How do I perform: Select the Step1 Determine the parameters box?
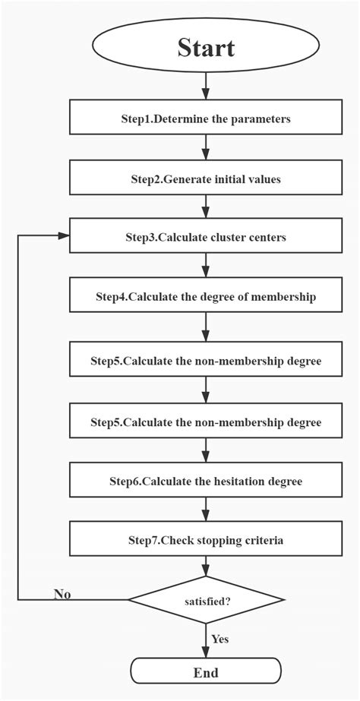tap(206, 119)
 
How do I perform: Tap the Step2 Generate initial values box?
tap(206, 179)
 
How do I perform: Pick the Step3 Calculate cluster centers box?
tap(206, 238)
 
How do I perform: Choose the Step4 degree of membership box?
tap(206, 297)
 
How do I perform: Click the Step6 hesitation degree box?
tap(206, 482)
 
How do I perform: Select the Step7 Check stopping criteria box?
tap(206, 541)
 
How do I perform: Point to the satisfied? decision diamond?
tap(206, 600)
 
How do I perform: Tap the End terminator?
tap(206, 672)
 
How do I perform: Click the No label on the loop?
tap(62, 594)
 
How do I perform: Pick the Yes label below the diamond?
tap(219, 639)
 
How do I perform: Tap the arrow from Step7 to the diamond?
tap(206, 566)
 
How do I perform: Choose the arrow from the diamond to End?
tap(206, 642)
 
